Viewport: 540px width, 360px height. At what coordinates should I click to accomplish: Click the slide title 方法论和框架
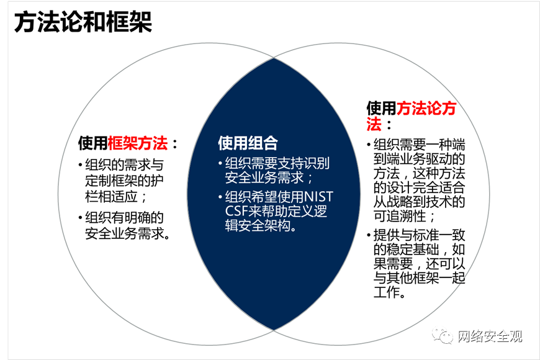(x=83, y=23)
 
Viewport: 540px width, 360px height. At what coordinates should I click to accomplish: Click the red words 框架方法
(x=138, y=143)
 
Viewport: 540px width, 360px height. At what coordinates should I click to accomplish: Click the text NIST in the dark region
(x=318, y=197)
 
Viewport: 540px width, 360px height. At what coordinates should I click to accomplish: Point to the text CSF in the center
(x=236, y=211)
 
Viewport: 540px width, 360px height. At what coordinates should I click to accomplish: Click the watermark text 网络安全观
(x=490, y=336)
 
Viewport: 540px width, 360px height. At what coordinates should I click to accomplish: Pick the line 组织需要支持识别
(x=277, y=164)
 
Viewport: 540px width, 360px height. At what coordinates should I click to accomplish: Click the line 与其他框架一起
(x=419, y=277)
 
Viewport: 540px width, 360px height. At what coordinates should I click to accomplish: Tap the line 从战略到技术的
(x=419, y=201)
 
